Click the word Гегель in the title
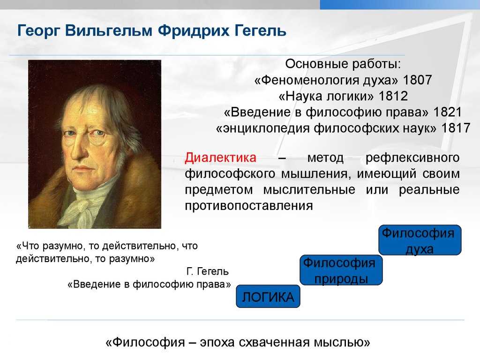261,30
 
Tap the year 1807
417,80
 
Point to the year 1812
393,96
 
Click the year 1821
448,112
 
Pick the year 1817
456,128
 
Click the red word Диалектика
220,157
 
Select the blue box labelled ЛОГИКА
268,296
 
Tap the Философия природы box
341,270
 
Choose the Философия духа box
420,240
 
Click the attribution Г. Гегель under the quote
207,271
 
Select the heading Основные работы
343,64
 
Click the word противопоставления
249,206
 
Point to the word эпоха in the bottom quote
217,343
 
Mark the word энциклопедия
266,128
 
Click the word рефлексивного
412,158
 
